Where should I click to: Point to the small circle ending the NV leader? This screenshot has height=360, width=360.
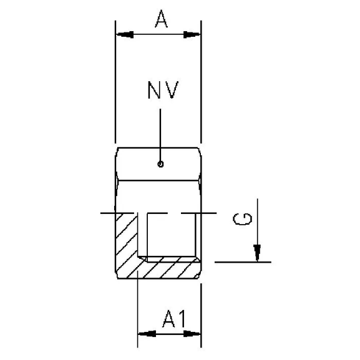160,165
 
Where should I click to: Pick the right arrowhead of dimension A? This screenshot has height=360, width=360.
192,35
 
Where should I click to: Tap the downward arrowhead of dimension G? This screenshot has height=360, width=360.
256,253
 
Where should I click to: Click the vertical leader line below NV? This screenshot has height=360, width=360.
160,134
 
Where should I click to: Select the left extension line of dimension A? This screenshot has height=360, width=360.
115,81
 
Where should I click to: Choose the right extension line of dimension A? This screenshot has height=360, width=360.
201,81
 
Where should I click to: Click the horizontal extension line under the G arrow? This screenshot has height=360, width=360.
243,261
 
